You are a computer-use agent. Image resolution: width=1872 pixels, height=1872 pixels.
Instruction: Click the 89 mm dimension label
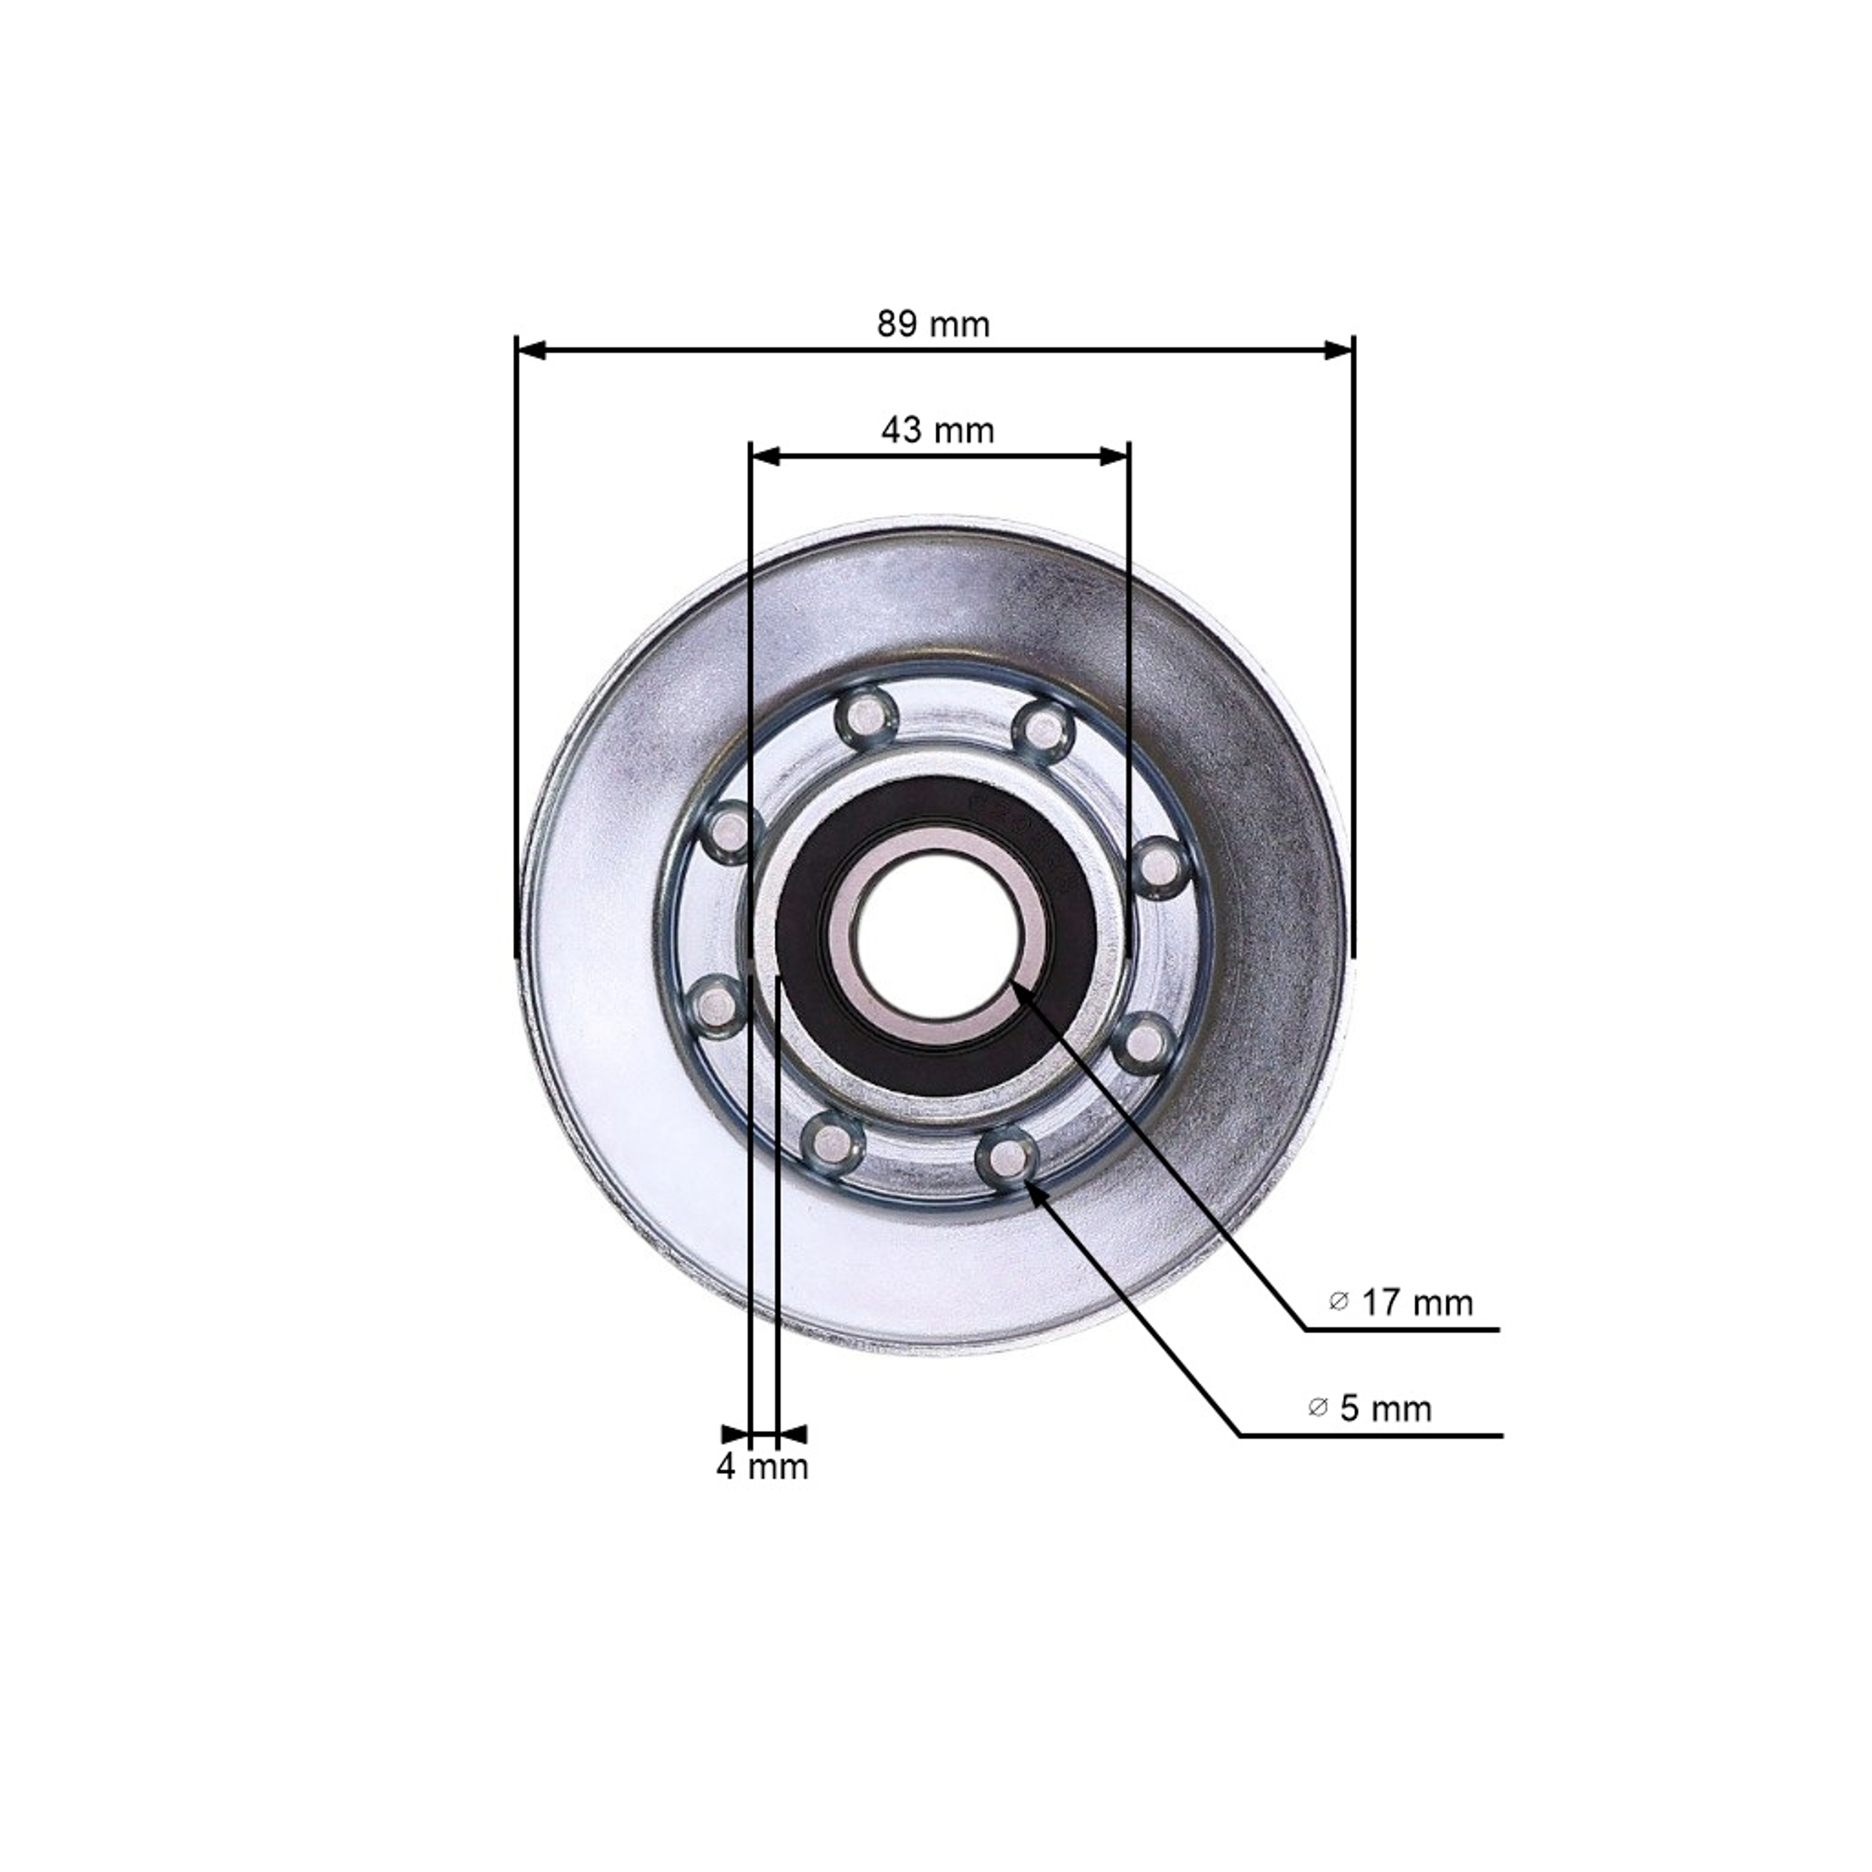pyautogui.click(x=933, y=324)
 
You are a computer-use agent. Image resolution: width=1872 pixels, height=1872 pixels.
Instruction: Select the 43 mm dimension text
pyautogui.click(x=937, y=429)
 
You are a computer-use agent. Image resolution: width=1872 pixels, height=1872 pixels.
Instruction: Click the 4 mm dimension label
pyautogui.click(x=761, y=1467)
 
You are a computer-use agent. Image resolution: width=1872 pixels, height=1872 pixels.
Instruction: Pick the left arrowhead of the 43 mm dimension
pyautogui.click(x=768, y=456)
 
